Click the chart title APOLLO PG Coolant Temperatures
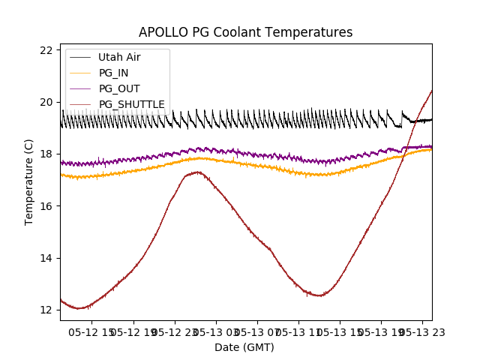pos(245,32)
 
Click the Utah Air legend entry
pos(119,57)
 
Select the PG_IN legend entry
pos(114,73)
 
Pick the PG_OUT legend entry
pos(119,88)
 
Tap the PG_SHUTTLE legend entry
pos(131,104)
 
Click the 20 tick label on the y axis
pos(46,102)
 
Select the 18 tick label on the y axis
pos(46,154)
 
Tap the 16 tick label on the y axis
pos(46,206)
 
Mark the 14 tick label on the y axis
pos(46,258)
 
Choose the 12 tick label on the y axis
pos(46,310)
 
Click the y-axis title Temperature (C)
pos(29,182)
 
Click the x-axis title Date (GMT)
pos(244,347)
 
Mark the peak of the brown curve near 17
pos(196,172)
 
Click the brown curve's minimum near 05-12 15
pos(79,308)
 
